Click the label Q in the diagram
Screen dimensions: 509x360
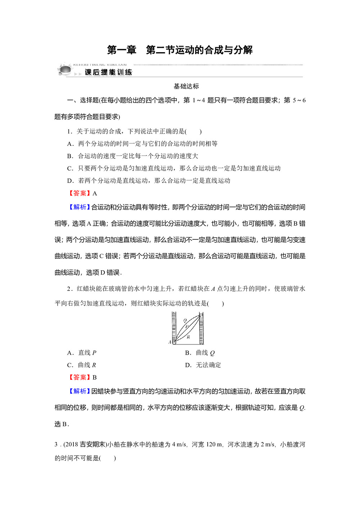coord(185,320)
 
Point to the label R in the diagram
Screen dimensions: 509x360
coord(188,337)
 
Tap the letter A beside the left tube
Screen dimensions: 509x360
coord(170,342)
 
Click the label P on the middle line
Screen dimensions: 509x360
coord(187,327)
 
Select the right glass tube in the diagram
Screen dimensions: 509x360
coord(201,328)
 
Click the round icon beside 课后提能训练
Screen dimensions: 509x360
coord(65,69)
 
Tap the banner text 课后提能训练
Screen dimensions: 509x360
coord(108,72)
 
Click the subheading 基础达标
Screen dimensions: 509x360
coord(186,86)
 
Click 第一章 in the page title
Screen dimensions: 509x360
coord(122,50)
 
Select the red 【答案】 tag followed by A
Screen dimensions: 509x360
coord(79,193)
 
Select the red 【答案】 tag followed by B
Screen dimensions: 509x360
coord(79,377)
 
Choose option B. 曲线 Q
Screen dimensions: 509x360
coord(200,353)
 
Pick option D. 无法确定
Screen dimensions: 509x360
coord(203,365)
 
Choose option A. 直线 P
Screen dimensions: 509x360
coord(82,353)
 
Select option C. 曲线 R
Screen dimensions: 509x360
coord(82,365)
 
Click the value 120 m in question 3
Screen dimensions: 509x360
coord(214,445)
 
